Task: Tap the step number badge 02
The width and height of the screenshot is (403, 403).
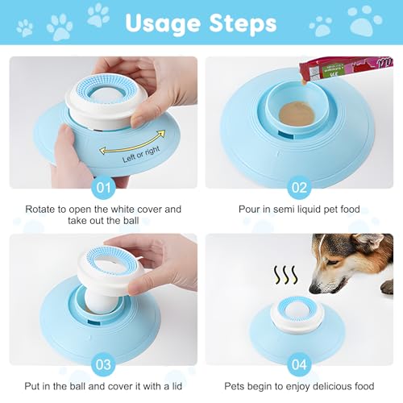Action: pyautogui.click(x=299, y=188)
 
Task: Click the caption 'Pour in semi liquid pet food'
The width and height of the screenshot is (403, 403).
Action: pyautogui.click(x=299, y=209)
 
